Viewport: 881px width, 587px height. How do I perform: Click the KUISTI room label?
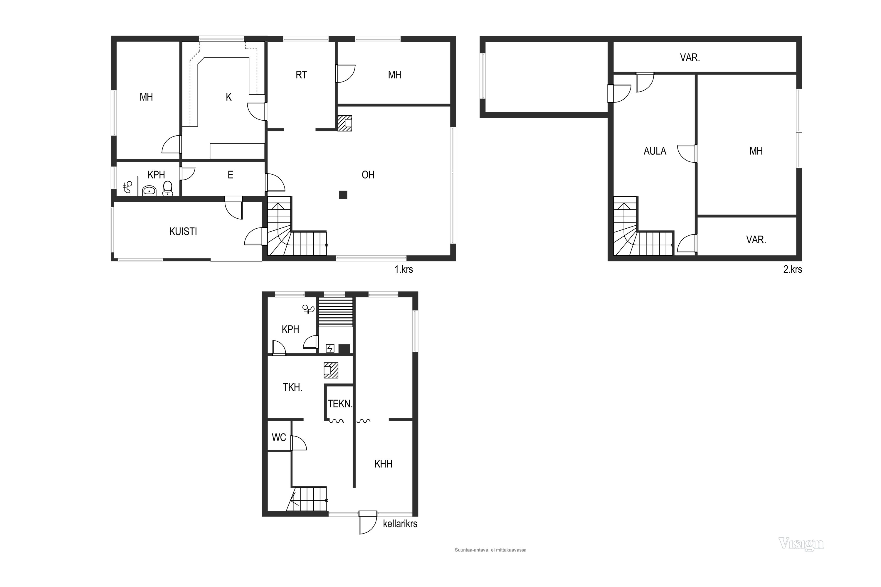(x=183, y=232)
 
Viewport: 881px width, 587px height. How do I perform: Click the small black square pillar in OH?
(x=343, y=195)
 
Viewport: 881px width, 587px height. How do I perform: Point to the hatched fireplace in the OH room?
(x=344, y=123)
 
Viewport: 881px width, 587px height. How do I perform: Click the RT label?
(x=301, y=75)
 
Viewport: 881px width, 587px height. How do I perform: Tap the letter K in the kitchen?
(x=228, y=97)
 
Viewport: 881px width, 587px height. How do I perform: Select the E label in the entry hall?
(x=230, y=175)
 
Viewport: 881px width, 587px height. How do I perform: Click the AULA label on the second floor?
(x=655, y=151)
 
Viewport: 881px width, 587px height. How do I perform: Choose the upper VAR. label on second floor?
(x=690, y=58)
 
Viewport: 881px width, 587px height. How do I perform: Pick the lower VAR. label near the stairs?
(x=756, y=239)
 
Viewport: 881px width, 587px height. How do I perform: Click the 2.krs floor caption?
(x=793, y=269)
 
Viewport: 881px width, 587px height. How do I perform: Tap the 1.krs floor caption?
(x=403, y=269)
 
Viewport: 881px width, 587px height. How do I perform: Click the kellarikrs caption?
(x=400, y=524)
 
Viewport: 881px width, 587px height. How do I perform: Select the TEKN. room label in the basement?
(x=340, y=404)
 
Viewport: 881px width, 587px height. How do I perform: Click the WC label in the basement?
(x=279, y=437)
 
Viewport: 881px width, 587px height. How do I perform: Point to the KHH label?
(x=383, y=464)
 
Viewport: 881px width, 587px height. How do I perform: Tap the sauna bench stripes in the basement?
(x=336, y=312)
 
